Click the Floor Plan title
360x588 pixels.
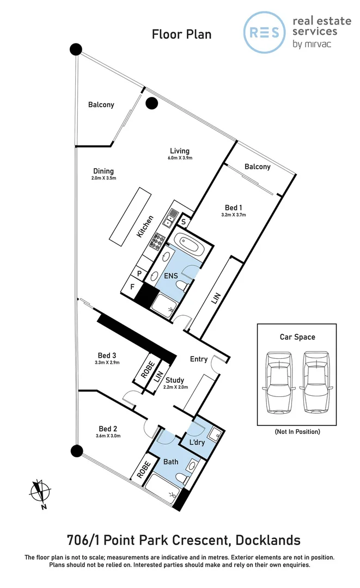pyautogui.click(x=181, y=35)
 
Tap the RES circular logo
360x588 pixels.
pyautogui.click(x=264, y=32)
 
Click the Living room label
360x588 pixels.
pyautogui.click(x=179, y=151)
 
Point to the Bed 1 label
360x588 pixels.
pyautogui.click(x=234, y=207)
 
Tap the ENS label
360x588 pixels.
pyautogui.click(x=172, y=275)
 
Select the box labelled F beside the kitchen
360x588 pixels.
pyautogui.click(x=131, y=286)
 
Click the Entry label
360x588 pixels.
pyautogui.click(x=198, y=359)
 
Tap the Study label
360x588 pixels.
pyautogui.click(x=175, y=380)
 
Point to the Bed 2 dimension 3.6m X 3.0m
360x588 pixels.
pyautogui.click(x=107, y=436)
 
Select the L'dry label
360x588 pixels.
pyautogui.click(x=196, y=442)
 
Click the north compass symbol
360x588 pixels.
pyautogui.click(x=39, y=491)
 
